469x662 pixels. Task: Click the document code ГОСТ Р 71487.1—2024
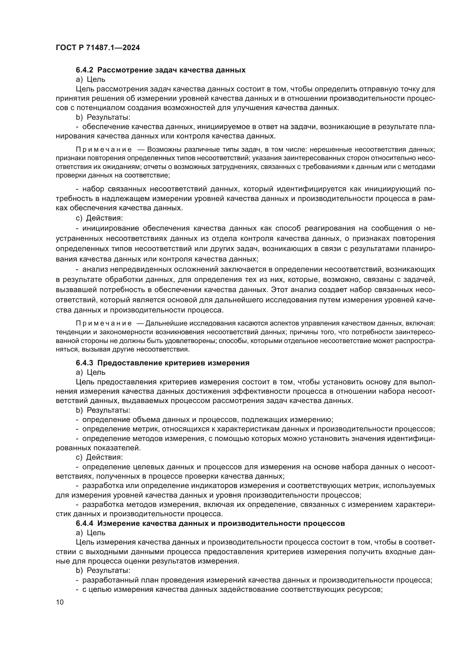[98, 48]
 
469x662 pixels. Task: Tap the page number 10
[60, 602]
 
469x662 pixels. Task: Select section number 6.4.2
[84, 70]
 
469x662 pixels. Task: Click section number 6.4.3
[84, 363]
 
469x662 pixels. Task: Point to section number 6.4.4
[84, 523]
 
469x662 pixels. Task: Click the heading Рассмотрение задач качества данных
[171, 70]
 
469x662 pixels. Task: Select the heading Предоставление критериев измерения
[173, 363]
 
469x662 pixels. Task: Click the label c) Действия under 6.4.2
[99, 218]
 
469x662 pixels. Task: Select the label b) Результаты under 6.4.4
[103, 570]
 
